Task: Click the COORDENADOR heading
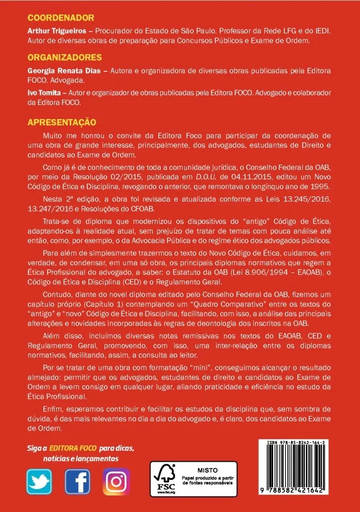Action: (61, 18)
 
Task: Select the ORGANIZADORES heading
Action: (65, 57)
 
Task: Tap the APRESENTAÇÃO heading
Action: (62, 122)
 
